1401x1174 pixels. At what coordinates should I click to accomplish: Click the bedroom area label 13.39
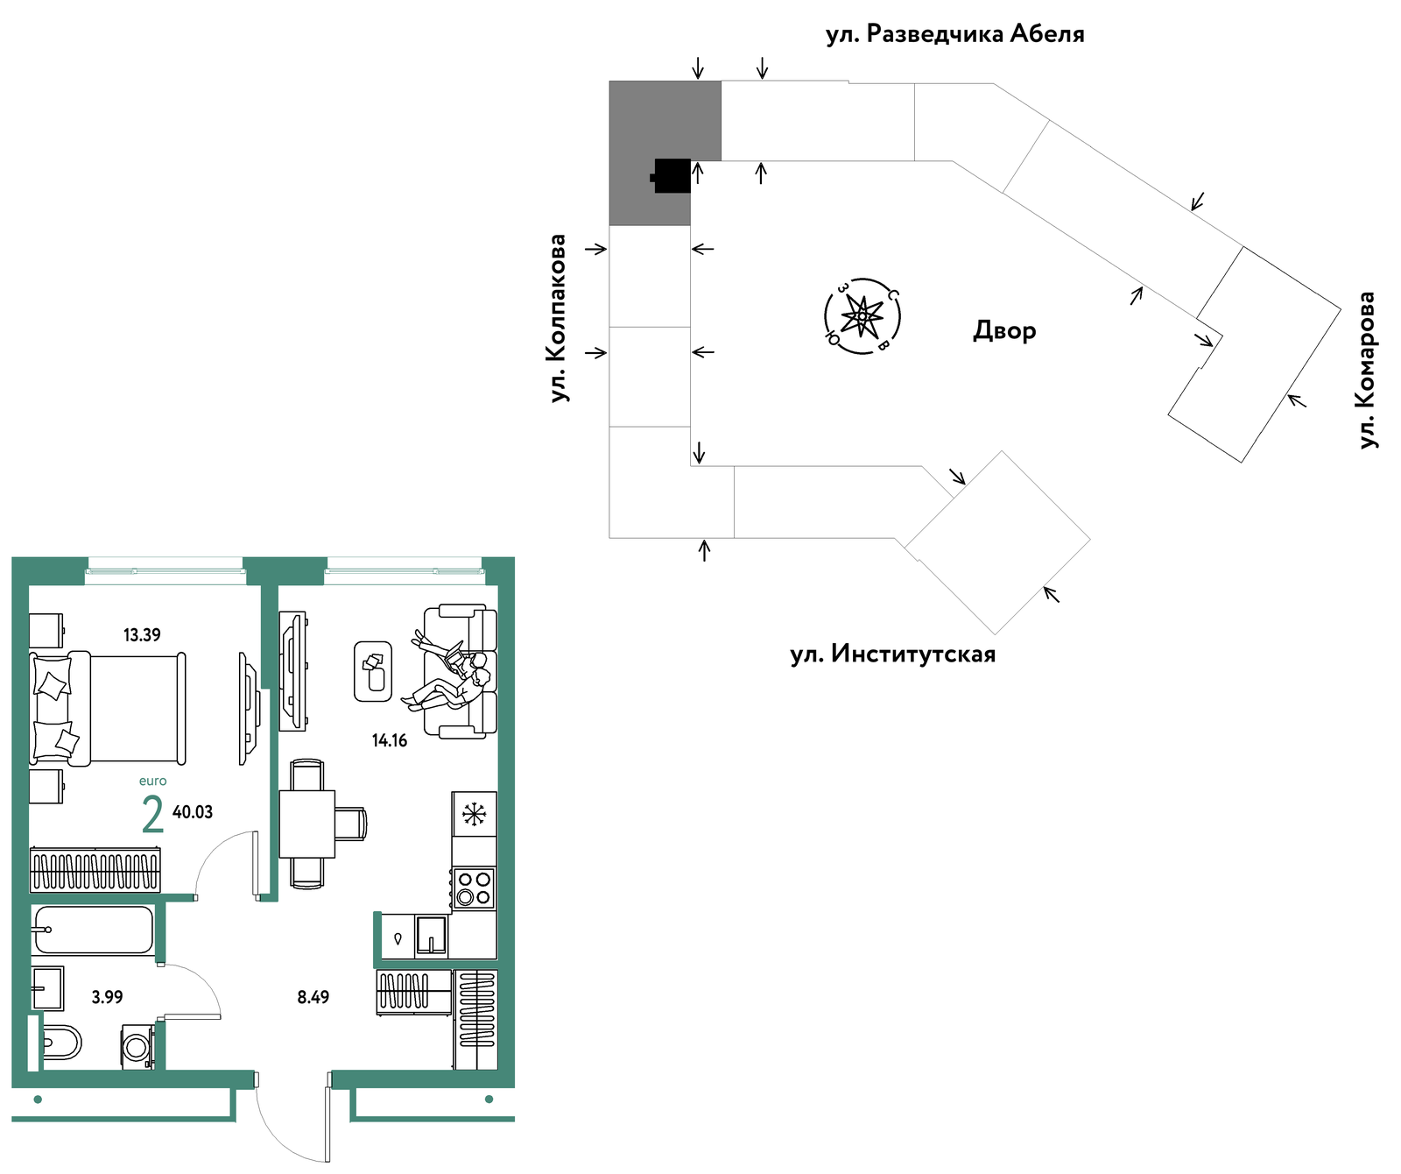pos(142,635)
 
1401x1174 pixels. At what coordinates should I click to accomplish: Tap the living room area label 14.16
pos(390,740)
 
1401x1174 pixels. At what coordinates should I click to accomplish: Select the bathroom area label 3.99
pos(108,997)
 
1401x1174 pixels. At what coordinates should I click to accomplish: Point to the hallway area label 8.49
pos(313,997)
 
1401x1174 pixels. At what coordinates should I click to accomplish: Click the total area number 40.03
pos(193,812)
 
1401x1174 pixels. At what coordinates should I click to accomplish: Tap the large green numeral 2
pos(152,814)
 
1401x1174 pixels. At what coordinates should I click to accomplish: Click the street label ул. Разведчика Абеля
pos(955,34)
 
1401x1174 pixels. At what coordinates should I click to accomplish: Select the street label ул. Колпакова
pos(558,318)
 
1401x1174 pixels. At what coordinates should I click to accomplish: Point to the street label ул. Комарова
pos(1366,370)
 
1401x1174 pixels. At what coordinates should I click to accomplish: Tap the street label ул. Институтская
pos(893,654)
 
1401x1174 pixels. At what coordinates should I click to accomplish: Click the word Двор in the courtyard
pos(1005,330)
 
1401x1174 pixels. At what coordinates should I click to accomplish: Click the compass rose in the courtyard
pos(863,315)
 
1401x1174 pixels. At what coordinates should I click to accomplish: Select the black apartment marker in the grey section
pos(672,175)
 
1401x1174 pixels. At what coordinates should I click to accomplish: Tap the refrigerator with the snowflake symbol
pos(475,814)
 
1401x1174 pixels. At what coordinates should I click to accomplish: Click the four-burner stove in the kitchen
pos(474,888)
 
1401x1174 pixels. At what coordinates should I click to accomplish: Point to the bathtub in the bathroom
pos(94,930)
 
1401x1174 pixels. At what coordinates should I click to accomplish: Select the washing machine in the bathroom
pos(137,1047)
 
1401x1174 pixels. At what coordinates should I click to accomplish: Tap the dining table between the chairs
pos(307,824)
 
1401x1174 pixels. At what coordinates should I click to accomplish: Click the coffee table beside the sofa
pos(373,671)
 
